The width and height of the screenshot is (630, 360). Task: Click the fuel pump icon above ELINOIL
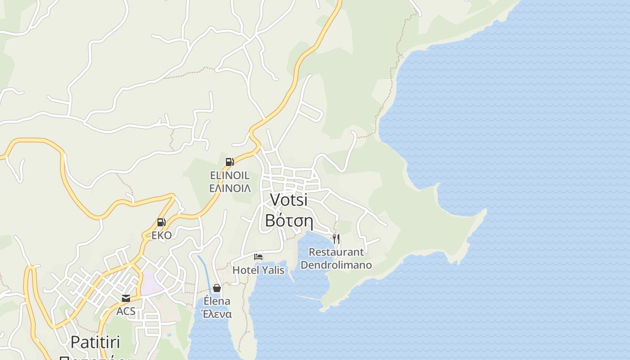(229, 162)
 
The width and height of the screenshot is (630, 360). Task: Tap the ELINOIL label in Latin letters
(230, 175)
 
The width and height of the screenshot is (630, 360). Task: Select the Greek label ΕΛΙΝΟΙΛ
(230, 188)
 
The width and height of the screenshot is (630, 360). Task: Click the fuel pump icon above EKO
(161, 222)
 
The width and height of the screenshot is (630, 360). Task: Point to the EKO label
(161, 235)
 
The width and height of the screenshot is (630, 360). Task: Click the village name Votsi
(288, 200)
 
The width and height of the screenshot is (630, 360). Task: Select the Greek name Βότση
(288, 220)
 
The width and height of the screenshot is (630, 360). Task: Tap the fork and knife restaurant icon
(336, 238)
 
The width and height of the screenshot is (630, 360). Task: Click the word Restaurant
(336, 252)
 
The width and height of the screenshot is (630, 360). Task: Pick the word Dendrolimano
(336, 265)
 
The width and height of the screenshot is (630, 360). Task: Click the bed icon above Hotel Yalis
(258, 257)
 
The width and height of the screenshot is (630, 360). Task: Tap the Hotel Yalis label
(258, 270)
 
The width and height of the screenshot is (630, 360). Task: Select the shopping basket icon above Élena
(217, 288)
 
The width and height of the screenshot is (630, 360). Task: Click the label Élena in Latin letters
(217, 301)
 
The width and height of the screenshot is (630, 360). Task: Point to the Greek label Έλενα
(217, 314)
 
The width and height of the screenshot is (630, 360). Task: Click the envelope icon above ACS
(126, 298)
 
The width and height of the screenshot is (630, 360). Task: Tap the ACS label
(126, 311)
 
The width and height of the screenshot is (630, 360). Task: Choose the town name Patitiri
(95, 342)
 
